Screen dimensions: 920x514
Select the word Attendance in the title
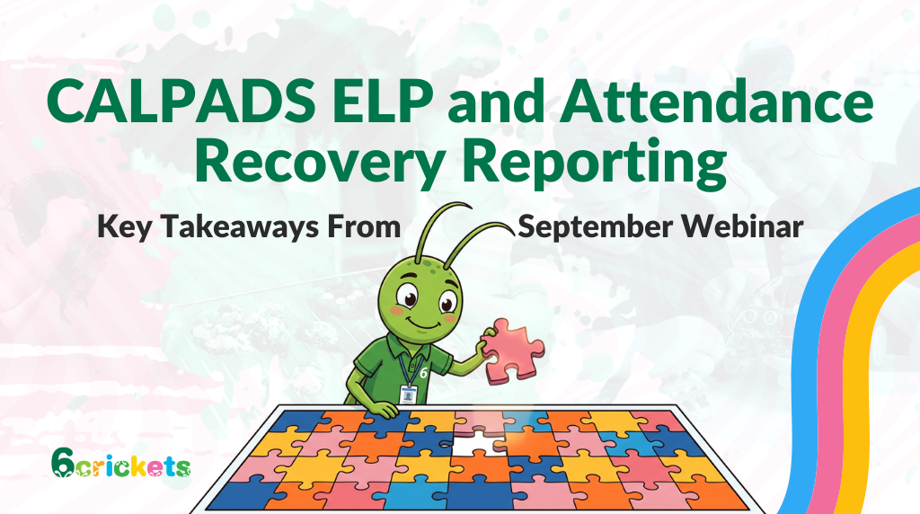click(x=717, y=101)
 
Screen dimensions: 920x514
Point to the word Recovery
click(x=319, y=163)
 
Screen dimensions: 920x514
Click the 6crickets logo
click(x=121, y=464)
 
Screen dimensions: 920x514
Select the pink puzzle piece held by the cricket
click(x=513, y=350)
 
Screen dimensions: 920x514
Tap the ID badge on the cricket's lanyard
click(x=409, y=394)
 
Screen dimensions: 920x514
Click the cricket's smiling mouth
click(x=426, y=324)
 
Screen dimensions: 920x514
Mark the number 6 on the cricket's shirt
click(x=424, y=373)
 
